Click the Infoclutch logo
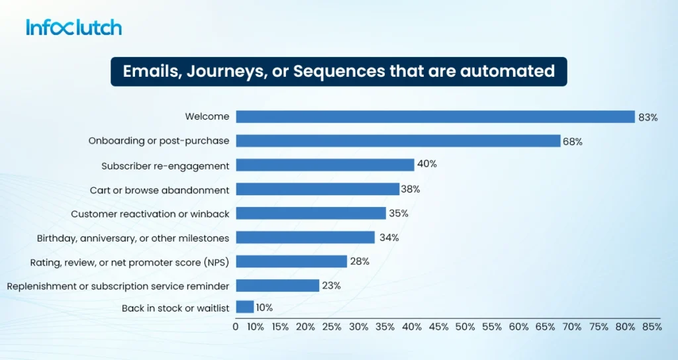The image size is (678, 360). pyautogui.click(x=74, y=27)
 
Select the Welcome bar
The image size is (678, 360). pyautogui.click(x=436, y=116)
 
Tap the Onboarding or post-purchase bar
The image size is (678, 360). pyautogui.click(x=398, y=141)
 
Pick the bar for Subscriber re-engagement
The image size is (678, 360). pyautogui.click(x=325, y=165)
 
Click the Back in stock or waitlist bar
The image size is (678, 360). pyautogui.click(x=245, y=307)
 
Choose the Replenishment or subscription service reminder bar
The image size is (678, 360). pyautogui.click(x=277, y=285)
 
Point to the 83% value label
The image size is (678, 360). pyautogui.click(x=648, y=118)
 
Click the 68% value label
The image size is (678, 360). pyautogui.click(x=573, y=142)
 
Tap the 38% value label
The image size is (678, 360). pyautogui.click(x=411, y=189)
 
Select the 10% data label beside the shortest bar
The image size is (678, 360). pyautogui.click(x=264, y=308)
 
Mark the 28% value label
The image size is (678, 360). pyautogui.click(x=360, y=261)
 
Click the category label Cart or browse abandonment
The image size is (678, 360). pyautogui.click(x=160, y=190)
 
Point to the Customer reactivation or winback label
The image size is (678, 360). pyautogui.click(x=150, y=214)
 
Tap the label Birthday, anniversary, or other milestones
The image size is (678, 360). pyautogui.click(x=133, y=238)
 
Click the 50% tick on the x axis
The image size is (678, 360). pyautogui.click(x=465, y=327)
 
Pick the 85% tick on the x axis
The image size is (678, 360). pyautogui.click(x=652, y=327)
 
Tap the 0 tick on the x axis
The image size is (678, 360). pyautogui.click(x=236, y=327)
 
